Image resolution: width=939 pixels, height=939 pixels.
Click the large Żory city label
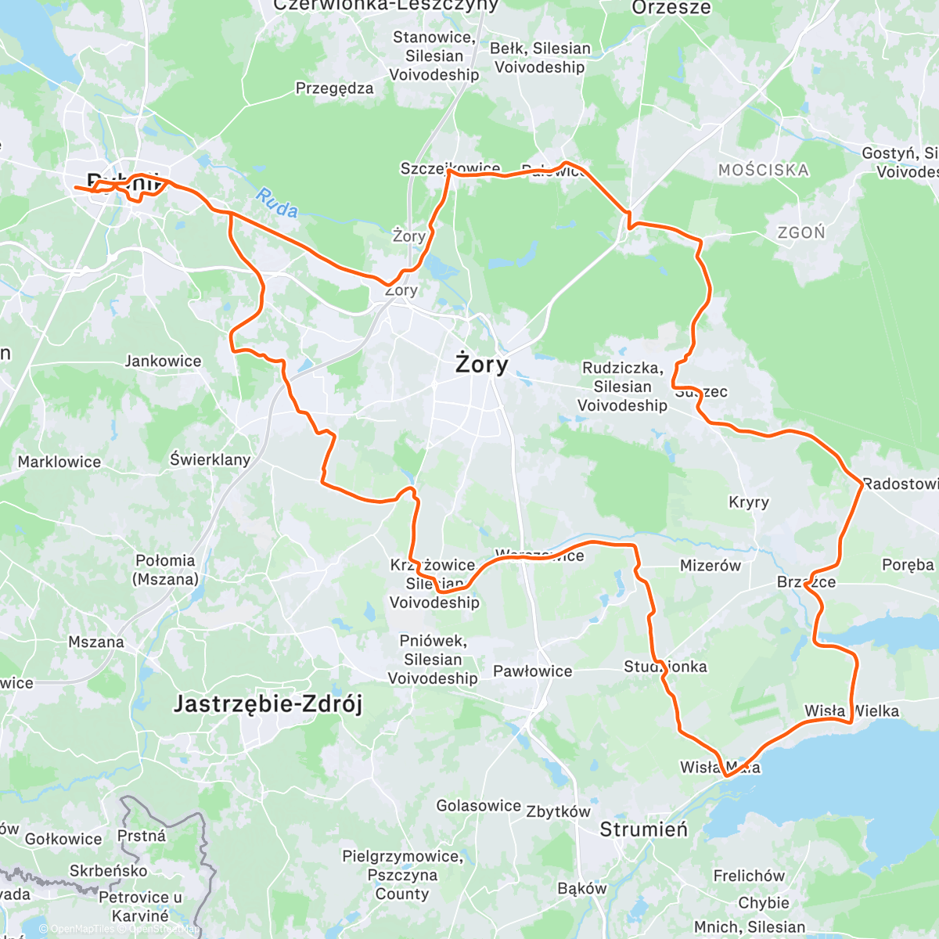point(482,364)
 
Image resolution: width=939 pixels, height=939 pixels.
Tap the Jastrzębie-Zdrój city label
point(268,704)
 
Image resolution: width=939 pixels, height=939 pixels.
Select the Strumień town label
point(643,829)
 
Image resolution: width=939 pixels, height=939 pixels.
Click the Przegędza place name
point(334,88)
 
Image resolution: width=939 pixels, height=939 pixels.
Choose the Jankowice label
point(163,362)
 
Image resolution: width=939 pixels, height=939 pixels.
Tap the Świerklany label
point(210,459)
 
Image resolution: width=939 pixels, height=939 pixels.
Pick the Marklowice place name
point(59,462)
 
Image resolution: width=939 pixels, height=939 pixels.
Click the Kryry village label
point(749,502)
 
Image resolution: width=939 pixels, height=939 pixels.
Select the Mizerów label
point(710,565)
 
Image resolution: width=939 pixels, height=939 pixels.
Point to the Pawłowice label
point(532,671)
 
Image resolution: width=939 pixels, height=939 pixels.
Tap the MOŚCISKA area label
point(763,170)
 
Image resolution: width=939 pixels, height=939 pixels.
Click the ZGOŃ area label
point(801,232)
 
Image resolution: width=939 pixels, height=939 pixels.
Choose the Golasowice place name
point(478,806)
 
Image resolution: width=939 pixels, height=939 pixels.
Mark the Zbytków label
point(558,811)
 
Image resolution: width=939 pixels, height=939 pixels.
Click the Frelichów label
point(748,876)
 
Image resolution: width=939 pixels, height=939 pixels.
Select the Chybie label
point(764,902)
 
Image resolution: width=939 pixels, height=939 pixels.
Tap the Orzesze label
point(671,8)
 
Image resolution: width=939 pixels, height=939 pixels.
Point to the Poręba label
point(908,565)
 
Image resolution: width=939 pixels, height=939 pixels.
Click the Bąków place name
point(582,888)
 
